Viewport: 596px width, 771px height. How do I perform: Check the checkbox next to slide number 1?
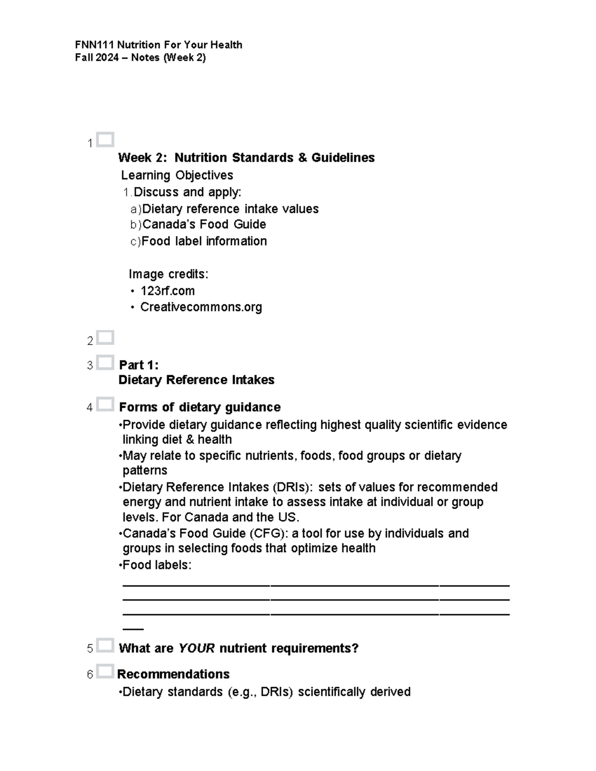(x=105, y=140)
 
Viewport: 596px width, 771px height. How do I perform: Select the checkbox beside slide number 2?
(x=105, y=338)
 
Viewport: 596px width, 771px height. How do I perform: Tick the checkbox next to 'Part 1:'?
(x=105, y=362)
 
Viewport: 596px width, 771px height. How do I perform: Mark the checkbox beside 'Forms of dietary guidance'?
(x=105, y=405)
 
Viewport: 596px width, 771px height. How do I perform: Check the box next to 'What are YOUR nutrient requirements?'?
(x=105, y=645)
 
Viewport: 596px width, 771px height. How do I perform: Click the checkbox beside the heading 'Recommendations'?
(x=105, y=671)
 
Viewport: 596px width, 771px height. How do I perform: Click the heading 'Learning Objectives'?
(x=177, y=175)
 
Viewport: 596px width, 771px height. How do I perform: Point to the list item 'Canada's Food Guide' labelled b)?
(x=204, y=224)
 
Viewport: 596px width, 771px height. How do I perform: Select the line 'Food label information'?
(x=204, y=241)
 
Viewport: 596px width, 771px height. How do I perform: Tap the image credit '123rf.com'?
(x=167, y=291)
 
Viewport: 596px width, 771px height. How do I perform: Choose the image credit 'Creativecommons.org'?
(x=201, y=307)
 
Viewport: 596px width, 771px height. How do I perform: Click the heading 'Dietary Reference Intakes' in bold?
(x=196, y=380)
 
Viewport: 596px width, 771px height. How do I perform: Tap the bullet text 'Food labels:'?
(x=156, y=565)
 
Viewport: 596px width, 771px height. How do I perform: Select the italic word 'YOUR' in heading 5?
(x=196, y=648)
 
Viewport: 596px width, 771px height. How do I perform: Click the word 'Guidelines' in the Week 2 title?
(x=343, y=158)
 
